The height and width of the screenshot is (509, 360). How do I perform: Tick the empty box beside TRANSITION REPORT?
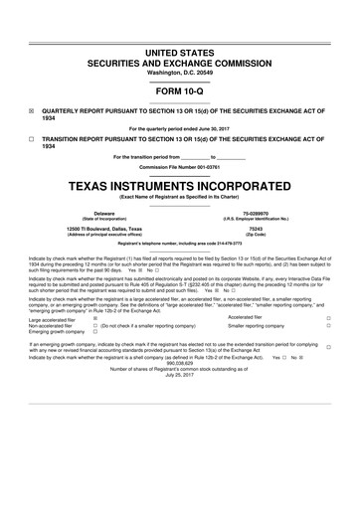32,141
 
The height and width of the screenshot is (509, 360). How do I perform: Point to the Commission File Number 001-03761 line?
179,167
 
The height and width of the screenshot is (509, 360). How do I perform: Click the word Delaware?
103,213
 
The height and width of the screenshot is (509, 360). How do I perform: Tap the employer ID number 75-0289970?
255,213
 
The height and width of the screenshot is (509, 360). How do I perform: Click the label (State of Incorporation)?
103,219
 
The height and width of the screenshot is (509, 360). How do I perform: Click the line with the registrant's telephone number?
179,244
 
